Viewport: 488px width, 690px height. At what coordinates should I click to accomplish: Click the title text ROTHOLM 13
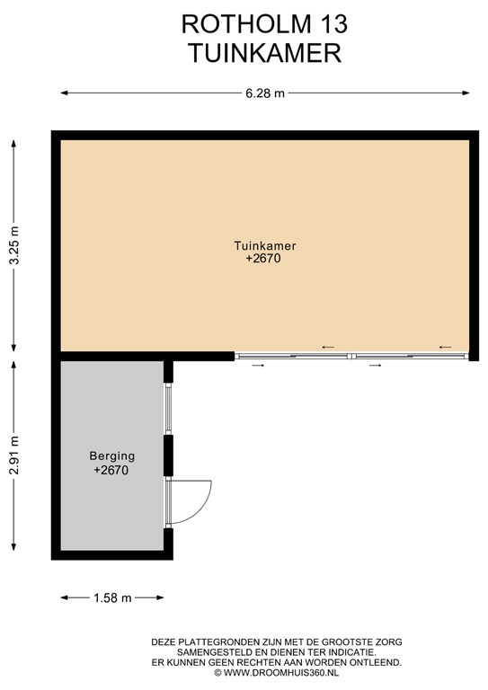264,24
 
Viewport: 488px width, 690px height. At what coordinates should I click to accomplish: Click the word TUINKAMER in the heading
265,53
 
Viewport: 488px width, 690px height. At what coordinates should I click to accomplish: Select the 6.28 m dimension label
265,93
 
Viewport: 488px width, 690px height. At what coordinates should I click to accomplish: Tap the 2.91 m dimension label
14,456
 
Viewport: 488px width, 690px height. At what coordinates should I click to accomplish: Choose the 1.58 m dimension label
112,598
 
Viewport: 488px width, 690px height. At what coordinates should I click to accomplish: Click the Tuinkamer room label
265,245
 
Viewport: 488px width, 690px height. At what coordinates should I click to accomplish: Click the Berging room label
111,456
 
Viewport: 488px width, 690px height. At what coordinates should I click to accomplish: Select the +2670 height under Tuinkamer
263,259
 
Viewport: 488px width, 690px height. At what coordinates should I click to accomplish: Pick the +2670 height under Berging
111,470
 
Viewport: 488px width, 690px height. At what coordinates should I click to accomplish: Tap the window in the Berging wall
168,409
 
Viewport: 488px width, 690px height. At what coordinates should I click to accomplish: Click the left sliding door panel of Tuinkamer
293,356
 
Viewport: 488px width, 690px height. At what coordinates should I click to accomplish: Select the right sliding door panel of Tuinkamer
410,356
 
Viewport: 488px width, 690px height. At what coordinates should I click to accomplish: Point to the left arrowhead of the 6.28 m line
64,93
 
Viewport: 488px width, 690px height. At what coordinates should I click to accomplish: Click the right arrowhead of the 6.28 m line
466,93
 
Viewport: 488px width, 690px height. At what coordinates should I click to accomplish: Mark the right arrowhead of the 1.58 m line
160,597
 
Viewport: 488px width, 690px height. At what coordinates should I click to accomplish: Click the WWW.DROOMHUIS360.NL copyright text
276,673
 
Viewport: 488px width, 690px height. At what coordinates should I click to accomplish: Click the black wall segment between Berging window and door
168,456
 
